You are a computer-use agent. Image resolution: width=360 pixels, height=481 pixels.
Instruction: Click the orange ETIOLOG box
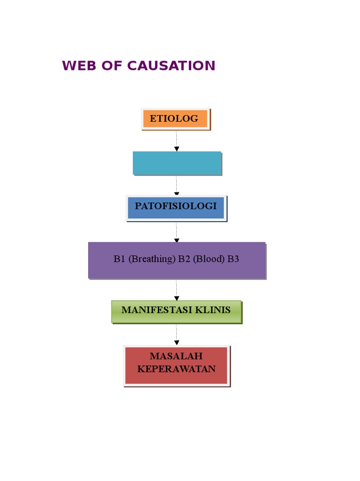point(175,119)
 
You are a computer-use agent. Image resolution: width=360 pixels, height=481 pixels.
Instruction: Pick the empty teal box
point(177,163)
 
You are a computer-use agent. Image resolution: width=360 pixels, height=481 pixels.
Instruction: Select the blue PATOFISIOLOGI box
point(176,207)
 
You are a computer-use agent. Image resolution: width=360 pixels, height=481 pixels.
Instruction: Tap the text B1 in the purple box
point(120,259)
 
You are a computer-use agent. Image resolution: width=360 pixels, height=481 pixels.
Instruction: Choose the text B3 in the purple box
point(233,259)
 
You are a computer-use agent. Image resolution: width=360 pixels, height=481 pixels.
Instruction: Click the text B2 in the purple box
point(184,259)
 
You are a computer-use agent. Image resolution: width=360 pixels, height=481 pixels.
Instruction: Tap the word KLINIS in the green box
point(213,310)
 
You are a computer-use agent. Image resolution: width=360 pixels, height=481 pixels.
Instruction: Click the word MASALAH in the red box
point(176,357)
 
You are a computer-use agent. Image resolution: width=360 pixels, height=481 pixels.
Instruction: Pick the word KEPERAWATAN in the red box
point(176,369)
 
